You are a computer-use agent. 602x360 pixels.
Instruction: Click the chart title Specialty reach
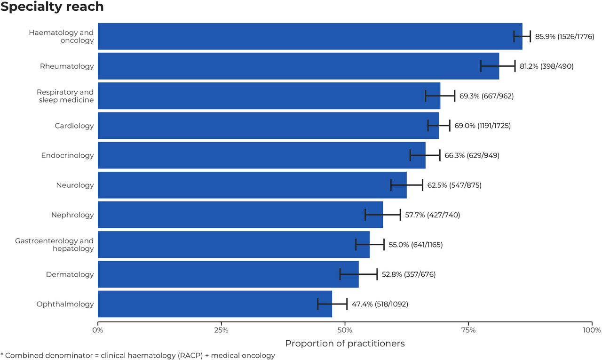(x=52, y=7)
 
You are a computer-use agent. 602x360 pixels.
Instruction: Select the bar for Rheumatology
(x=298, y=66)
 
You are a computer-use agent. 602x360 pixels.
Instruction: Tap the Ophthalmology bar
(x=215, y=304)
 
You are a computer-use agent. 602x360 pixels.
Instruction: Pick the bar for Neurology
(x=252, y=185)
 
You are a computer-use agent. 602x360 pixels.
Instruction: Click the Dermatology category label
(x=70, y=274)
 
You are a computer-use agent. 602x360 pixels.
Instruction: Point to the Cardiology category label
(x=74, y=126)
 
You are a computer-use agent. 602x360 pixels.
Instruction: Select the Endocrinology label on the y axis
(x=67, y=155)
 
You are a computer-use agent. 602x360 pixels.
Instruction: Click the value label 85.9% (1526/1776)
(x=565, y=37)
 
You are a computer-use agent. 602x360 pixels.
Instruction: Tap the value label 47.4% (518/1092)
(x=380, y=304)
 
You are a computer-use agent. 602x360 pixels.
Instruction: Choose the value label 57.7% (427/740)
(x=432, y=215)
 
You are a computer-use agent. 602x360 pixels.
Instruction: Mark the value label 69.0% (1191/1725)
(x=483, y=126)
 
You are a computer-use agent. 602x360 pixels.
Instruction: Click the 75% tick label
(x=468, y=330)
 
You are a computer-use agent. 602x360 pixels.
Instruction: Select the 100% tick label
(x=592, y=330)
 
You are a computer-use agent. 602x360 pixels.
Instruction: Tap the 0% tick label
(x=98, y=330)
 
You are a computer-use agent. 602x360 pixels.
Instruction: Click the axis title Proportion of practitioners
(x=345, y=344)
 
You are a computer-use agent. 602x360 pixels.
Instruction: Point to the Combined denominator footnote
(x=138, y=355)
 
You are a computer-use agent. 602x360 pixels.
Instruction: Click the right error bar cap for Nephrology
(x=400, y=215)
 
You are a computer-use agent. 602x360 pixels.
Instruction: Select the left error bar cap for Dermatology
(x=340, y=274)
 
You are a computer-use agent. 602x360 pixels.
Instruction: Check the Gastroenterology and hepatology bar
(x=234, y=245)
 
